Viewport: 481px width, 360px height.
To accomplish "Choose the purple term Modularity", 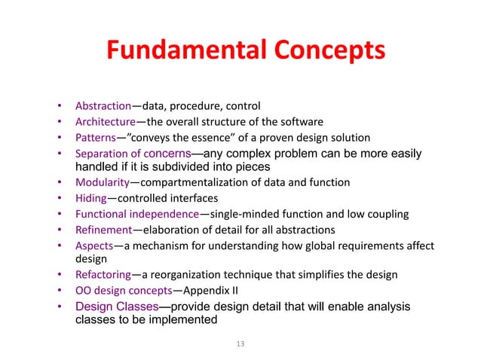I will tap(102, 182).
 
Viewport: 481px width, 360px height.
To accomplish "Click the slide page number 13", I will tap(240, 344).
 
